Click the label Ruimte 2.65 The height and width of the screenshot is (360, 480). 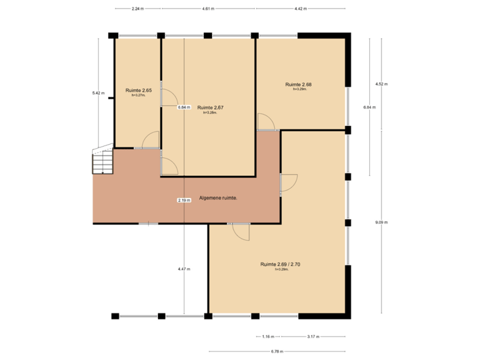(139, 90)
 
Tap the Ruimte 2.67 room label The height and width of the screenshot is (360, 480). (210, 107)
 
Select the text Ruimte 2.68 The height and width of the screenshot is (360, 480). (299, 85)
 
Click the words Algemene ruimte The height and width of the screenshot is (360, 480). (219, 199)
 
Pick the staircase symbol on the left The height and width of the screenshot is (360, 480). (102, 161)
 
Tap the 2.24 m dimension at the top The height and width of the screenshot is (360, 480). (137, 9)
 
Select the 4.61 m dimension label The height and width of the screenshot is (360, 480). (208, 9)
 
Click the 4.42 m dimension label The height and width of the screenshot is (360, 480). (301, 9)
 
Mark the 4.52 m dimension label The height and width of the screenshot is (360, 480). (381, 84)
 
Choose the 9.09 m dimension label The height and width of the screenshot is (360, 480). (381, 222)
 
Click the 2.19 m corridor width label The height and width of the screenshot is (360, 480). (183, 200)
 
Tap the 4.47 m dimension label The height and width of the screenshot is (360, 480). (183, 269)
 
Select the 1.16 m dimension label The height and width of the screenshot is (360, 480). (268, 336)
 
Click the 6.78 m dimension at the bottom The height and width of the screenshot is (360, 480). (277, 351)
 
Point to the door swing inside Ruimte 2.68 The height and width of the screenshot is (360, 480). (266, 122)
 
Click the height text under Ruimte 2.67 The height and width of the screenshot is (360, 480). (210, 113)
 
